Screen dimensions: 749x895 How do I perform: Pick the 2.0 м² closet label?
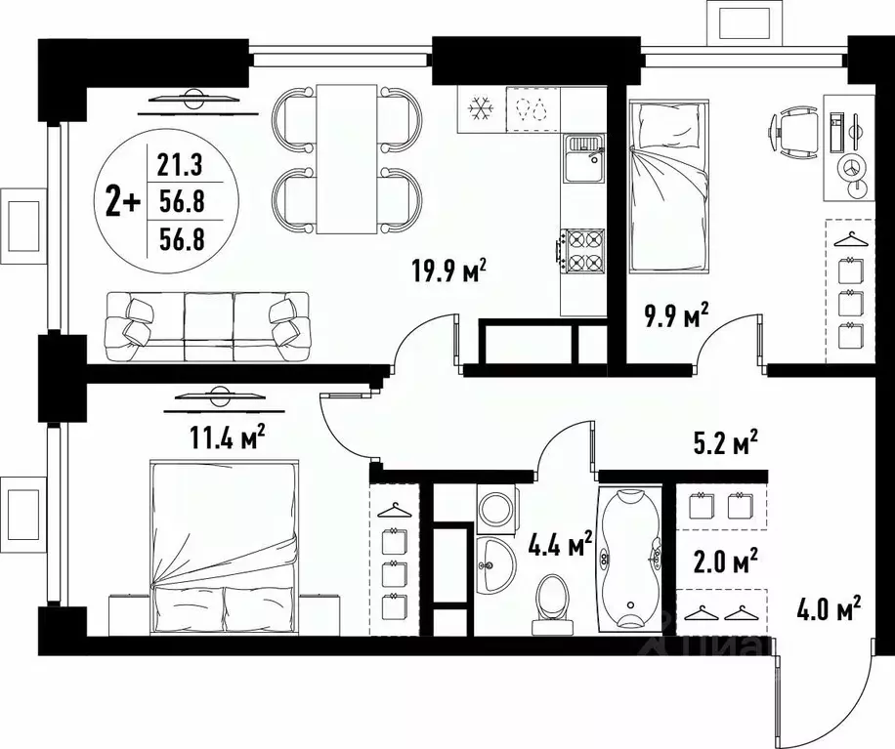[721, 563]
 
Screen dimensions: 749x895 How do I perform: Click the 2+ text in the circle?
[122, 202]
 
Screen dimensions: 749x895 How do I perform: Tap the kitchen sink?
[583, 160]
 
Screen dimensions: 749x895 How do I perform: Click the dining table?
[347, 158]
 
